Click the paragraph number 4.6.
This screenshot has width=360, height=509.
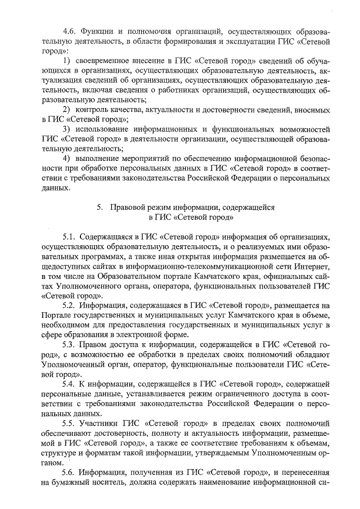coord(69,31)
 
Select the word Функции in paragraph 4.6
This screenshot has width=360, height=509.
coord(97,31)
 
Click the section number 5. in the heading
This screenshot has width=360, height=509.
coord(99,207)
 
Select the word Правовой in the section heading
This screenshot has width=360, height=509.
coord(127,207)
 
